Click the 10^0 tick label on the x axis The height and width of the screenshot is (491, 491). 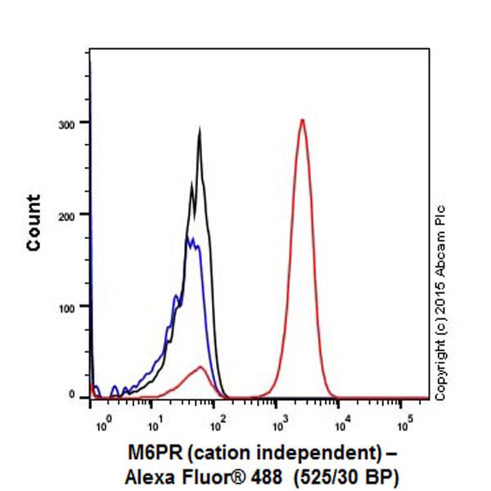pyautogui.click(x=103, y=425)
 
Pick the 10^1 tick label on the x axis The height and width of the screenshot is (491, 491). pyautogui.click(x=153, y=425)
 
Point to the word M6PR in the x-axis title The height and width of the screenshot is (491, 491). pyautogui.click(x=148, y=450)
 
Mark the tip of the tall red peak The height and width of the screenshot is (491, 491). pyautogui.click(x=303, y=119)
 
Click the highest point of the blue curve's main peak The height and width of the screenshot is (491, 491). pyautogui.click(x=189, y=237)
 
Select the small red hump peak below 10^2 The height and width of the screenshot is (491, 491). pyautogui.click(x=200, y=367)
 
